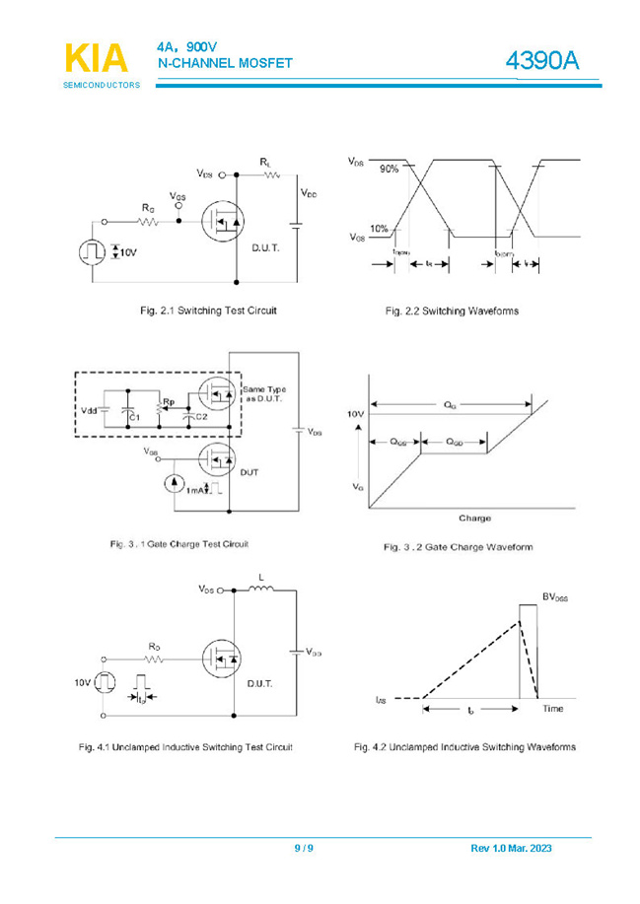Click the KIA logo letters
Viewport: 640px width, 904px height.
(x=96, y=58)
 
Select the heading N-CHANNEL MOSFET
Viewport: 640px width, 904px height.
(x=225, y=63)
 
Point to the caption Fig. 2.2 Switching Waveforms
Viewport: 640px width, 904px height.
(x=452, y=312)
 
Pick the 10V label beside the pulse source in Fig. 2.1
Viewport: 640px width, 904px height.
(x=129, y=252)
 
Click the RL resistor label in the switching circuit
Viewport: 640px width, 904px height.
(x=266, y=161)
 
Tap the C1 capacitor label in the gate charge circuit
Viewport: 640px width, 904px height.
(x=136, y=418)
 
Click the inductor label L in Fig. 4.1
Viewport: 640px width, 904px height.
(x=260, y=577)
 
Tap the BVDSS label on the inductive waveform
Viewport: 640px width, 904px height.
(x=555, y=597)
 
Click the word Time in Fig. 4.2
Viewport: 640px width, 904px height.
(x=552, y=708)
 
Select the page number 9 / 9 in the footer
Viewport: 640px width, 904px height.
(x=304, y=849)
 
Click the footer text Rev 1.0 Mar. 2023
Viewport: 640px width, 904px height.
(x=511, y=849)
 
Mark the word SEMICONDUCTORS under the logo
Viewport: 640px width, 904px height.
(x=102, y=86)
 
